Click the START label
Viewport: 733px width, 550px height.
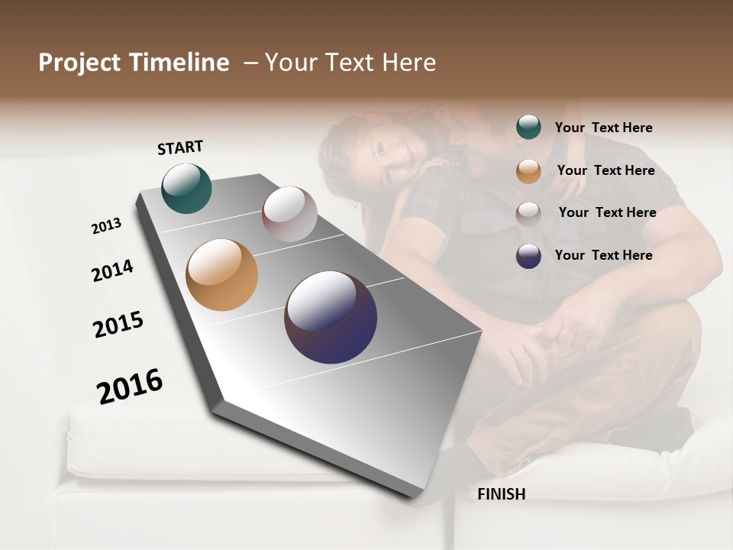pyautogui.click(x=180, y=147)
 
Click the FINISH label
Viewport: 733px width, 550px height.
pyautogui.click(x=501, y=494)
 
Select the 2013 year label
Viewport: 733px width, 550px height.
pyautogui.click(x=106, y=226)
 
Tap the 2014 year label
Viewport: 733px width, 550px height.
pyautogui.click(x=112, y=270)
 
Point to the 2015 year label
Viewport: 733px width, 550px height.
pyautogui.click(x=118, y=325)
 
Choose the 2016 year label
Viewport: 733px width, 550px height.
pyautogui.click(x=130, y=386)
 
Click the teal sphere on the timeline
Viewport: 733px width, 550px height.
pyautogui.click(x=186, y=188)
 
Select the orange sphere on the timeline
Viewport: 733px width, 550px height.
pyautogui.click(x=221, y=275)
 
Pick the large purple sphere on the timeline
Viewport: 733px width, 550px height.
pyautogui.click(x=331, y=317)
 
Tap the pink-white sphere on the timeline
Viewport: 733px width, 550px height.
pyautogui.click(x=289, y=214)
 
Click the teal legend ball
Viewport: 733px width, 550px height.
pyautogui.click(x=528, y=128)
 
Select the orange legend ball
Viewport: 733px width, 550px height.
pyautogui.click(x=528, y=171)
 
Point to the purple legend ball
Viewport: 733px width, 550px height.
pyautogui.click(x=528, y=256)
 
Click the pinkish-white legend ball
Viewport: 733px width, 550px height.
pyautogui.click(x=528, y=213)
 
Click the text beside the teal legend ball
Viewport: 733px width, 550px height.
pyautogui.click(x=603, y=128)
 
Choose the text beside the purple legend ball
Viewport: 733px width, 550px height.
pyautogui.click(x=603, y=255)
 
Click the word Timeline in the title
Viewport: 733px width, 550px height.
pyautogui.click(x=179, y=63)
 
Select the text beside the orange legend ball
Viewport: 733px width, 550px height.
pyautogui.click(x=605, y=170)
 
